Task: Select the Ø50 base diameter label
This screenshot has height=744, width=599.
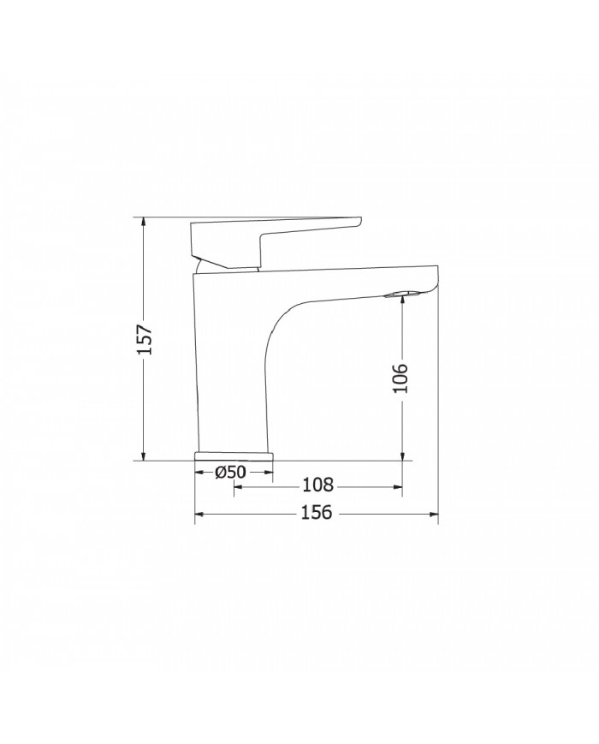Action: (231, 472)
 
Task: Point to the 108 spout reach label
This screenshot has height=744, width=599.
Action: (317, 485)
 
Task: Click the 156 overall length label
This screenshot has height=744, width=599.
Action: (317, 514)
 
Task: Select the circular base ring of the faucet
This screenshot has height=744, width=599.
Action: (234, 455)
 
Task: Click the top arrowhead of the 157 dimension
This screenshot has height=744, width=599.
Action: (144, 222)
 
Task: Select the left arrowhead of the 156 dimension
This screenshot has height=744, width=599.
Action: (200, 514)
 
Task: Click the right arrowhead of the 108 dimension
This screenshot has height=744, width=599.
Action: (397, 486)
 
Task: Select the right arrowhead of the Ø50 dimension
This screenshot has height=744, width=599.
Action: (269, 472)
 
